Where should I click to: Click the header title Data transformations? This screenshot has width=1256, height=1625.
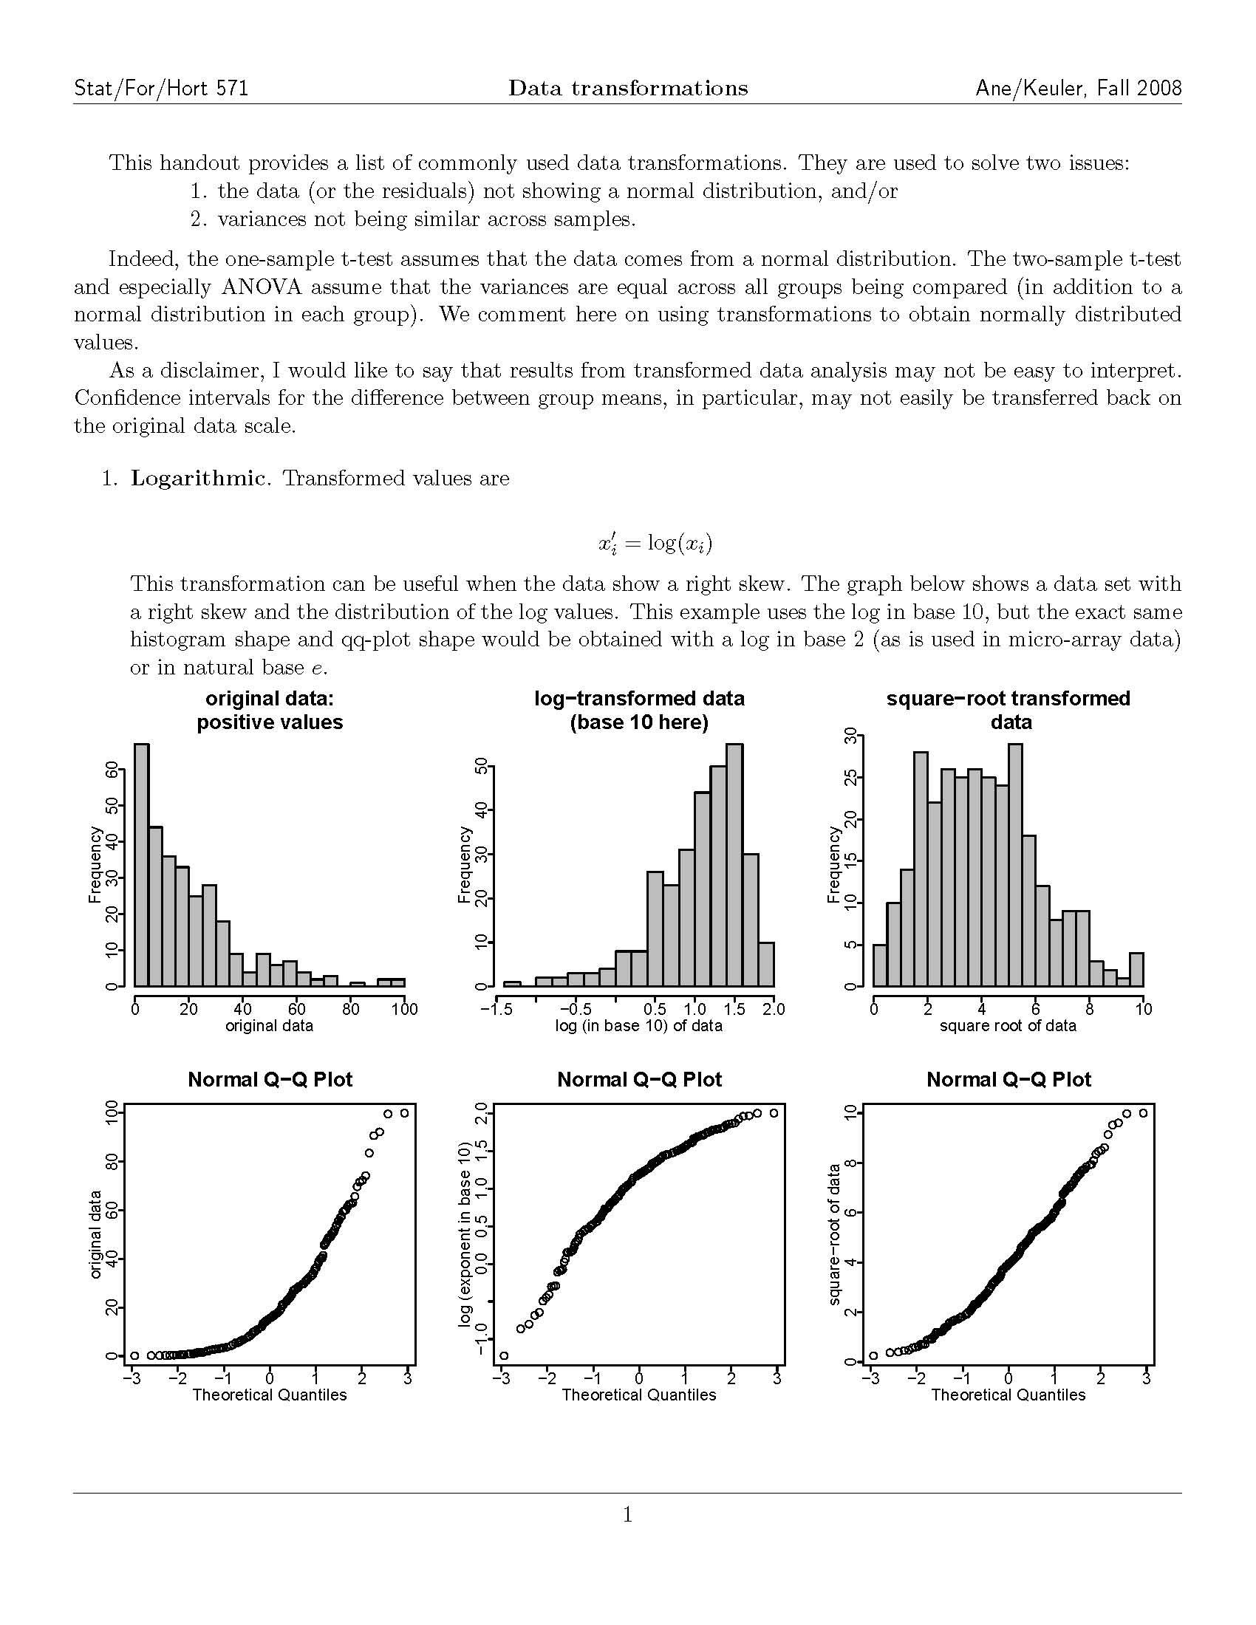point(627,89)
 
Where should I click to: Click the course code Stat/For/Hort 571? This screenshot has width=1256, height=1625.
point(161,89)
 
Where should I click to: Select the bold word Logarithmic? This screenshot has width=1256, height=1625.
point(197,479)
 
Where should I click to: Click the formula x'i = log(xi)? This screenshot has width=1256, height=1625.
point(655,543)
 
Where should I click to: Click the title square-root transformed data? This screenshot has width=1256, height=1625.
point(1008,710)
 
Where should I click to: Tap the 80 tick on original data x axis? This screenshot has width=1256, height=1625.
point(350,1010)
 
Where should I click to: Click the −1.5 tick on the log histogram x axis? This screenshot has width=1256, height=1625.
point(496,1010)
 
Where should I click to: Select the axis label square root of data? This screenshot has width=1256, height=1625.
point(1008,1026)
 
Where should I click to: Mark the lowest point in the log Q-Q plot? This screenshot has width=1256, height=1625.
point(504,1355)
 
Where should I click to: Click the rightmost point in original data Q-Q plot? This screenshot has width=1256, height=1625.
point(404,1113)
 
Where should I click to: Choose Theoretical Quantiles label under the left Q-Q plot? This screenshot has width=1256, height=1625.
point(270,1395)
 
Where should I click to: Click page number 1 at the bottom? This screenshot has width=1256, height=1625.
point(627,1514)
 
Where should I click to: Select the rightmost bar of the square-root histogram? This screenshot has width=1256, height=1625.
point(1136,969)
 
